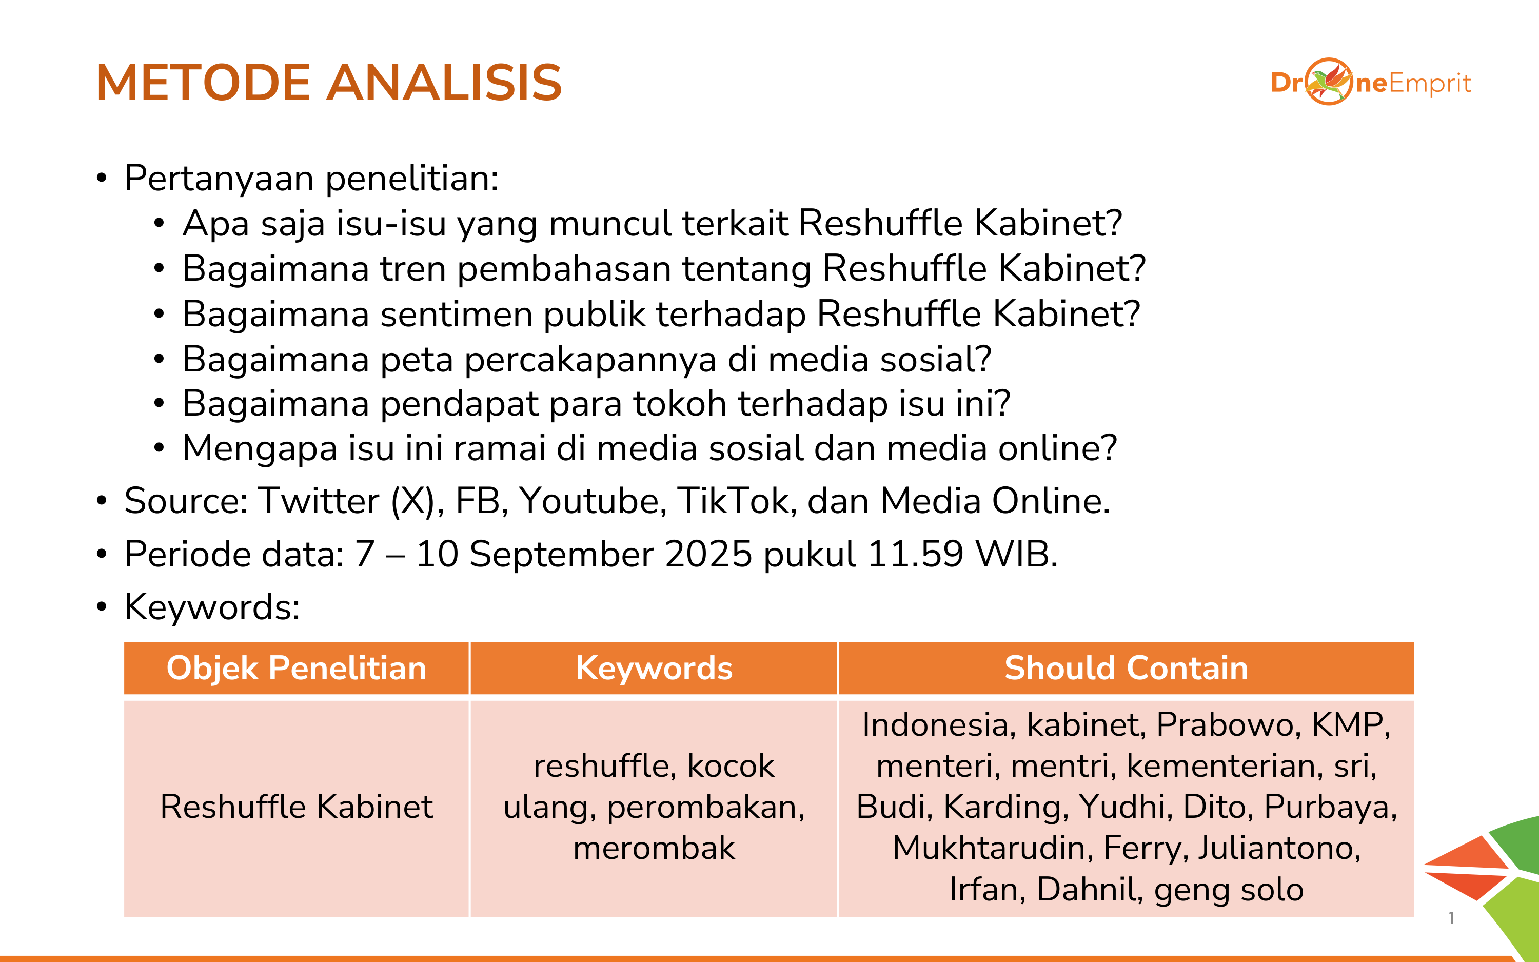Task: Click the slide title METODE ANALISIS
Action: click(329, 83)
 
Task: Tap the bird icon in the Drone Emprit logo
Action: click(1329, 82)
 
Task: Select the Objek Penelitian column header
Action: click(297, 668)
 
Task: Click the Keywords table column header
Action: click(654, 668)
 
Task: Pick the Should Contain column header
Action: click(1126, 668)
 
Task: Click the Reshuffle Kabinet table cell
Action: click(297, 807)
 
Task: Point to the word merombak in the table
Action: click(654, 848)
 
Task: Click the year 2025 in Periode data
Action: click(708, 554)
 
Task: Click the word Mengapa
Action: click(260, 449)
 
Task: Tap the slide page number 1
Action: click(1451, 918)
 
